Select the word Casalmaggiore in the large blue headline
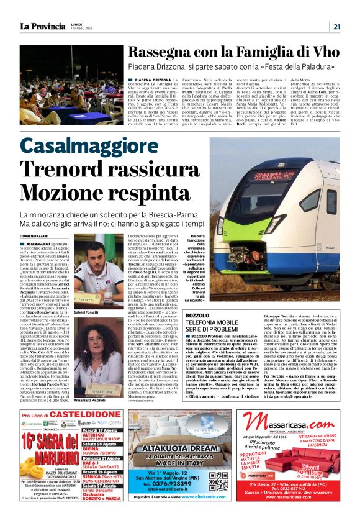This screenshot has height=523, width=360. pyautogui.click(x=97, y=147)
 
